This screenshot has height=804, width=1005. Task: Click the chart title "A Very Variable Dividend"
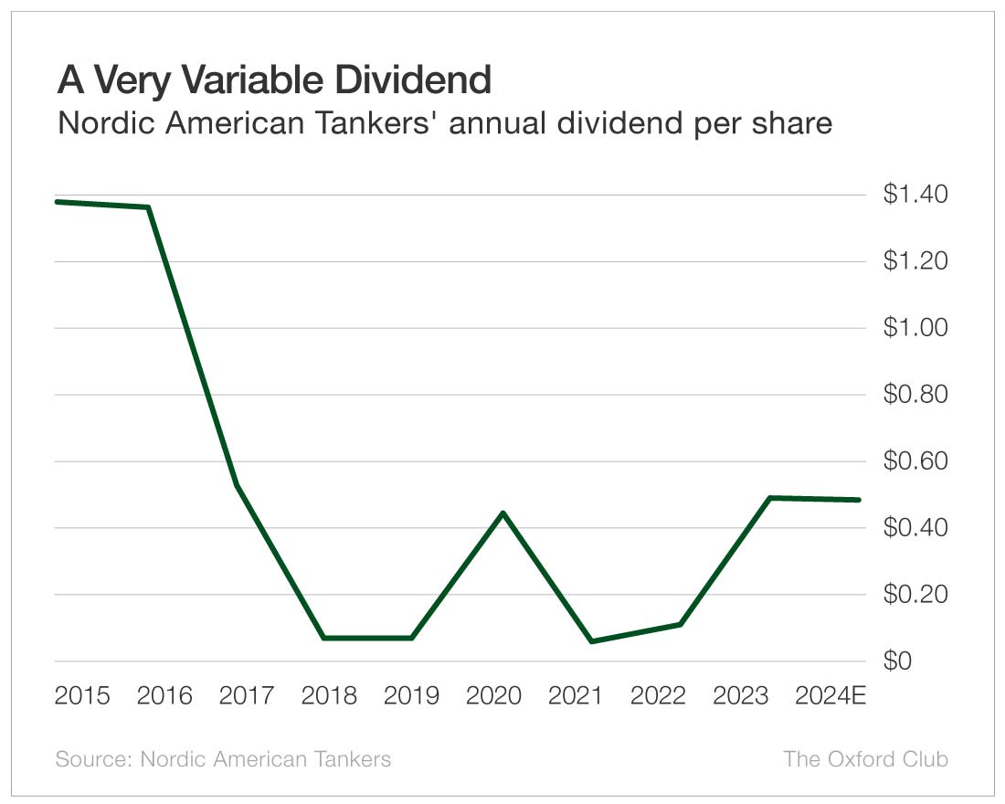[273, 80]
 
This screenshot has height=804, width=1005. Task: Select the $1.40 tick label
[915, 194]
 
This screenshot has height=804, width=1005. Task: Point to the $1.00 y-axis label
[915, 327]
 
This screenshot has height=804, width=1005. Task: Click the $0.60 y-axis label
[915, 460]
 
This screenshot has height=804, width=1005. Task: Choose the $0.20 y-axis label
[915, 594]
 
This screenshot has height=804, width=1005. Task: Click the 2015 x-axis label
[82, 696]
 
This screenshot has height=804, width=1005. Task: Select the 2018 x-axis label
[329, 696]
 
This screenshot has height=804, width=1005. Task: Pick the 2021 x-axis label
[576, 696]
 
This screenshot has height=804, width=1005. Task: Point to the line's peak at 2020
[503, 513]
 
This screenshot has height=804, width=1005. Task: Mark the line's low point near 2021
[592, 641]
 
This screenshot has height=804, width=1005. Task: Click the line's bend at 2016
[148, 207]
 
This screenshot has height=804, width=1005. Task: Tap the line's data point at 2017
[237, 484]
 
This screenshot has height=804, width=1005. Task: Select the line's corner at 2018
[324, 638]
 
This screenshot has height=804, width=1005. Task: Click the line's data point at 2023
[770, 498]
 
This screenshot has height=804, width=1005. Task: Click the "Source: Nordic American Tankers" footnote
[223, 759]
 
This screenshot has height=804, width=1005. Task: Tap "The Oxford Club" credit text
[865, 759]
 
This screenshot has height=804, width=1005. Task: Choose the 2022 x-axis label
[658, 696]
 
